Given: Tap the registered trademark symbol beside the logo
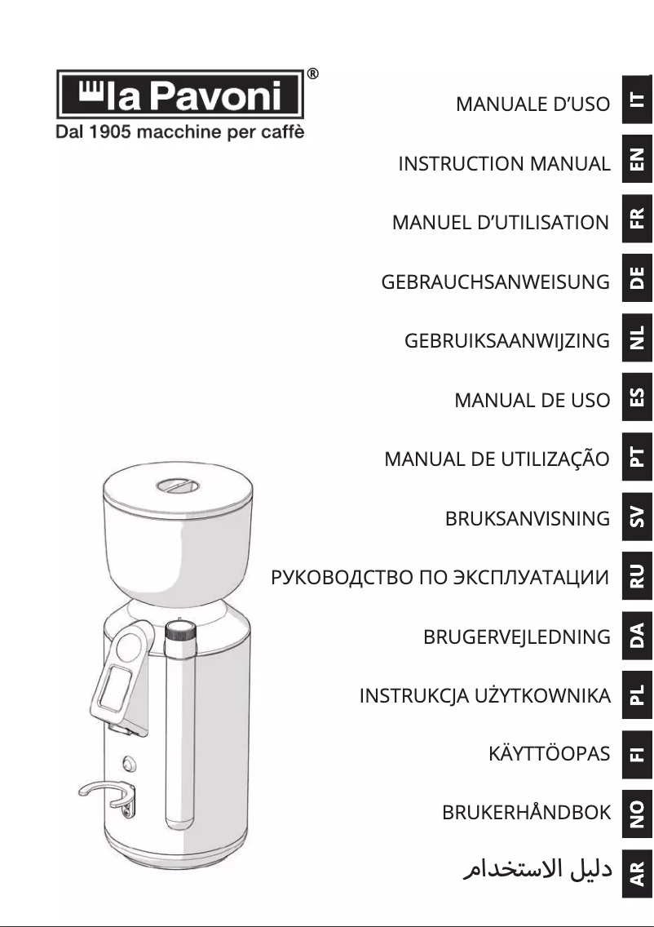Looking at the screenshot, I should click(313, 74).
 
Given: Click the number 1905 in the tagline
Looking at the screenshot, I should click(106, 131).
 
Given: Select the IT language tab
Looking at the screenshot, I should click(638, 100).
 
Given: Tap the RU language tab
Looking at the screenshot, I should click(638, 574).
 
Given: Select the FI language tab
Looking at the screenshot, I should click(638, 752).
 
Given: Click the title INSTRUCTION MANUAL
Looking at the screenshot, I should click(504, 164).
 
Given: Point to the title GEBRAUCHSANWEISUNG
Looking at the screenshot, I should click(495, 282).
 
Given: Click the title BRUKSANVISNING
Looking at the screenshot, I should click(528, 519).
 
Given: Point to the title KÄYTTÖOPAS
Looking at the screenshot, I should click(549, 755).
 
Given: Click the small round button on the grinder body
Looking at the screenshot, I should click(128, 764).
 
